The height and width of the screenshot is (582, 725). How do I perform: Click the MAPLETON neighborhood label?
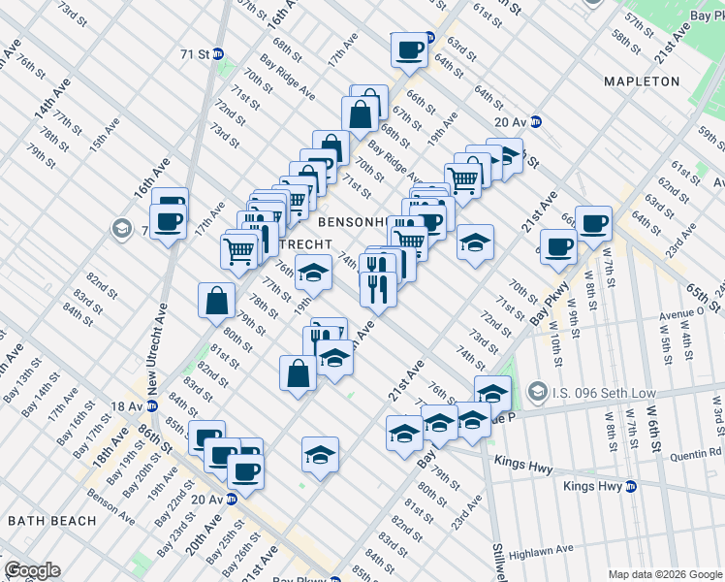(x=642, y=81)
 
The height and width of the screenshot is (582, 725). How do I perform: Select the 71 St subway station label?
(x=195, y=54)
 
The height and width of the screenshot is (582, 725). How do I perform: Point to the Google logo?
(x=32, y=570)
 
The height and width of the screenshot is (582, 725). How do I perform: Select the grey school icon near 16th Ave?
(x=121, y=229)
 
